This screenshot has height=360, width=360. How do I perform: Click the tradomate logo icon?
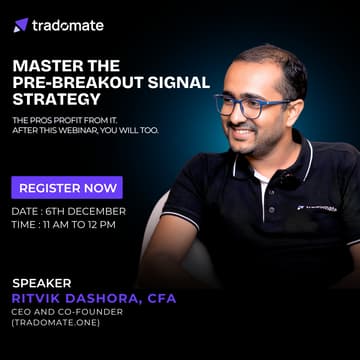click(x=21, y=25)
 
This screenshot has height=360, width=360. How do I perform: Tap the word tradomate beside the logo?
click(x=66, y=25)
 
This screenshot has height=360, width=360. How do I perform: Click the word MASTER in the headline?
click(x=41, y=65)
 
